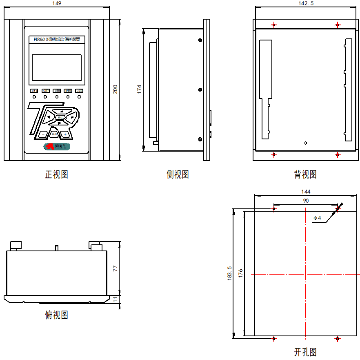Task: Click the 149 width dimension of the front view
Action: click(x=57, y=3)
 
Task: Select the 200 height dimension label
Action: click(x=116, y=89)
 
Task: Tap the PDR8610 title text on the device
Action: click(x=57, y=39)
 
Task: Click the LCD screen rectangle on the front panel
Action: click(x=57, y=67)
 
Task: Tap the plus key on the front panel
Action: click(x=65, y=134)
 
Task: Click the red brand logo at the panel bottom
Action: click(x=57, y=146)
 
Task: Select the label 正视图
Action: click(x=56, y=174)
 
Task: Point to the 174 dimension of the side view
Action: click(x=139, y=89)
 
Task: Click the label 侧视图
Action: click(x=178, y=174)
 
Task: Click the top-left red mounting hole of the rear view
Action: click(x=274, y=25)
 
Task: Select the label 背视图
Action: click(x=305, y=174)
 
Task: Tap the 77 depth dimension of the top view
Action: click(x=116, y=268)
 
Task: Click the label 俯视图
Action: click(x=56, y=315)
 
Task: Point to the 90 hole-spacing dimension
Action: click(x=306, y=201)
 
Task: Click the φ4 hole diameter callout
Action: click(x=317, y=218)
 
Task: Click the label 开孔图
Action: click(x=305, y=352)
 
